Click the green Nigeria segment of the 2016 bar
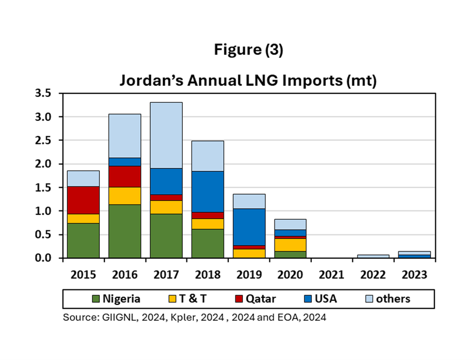click(124, 231)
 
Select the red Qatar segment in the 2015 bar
click(83, 200)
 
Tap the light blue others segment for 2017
click(166, 135)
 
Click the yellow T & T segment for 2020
click(290, 245)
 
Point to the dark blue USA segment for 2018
click(207, 191)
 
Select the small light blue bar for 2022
click(373, 256)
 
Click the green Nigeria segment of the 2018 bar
click(207, 243)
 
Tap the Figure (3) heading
click(248, 50)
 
